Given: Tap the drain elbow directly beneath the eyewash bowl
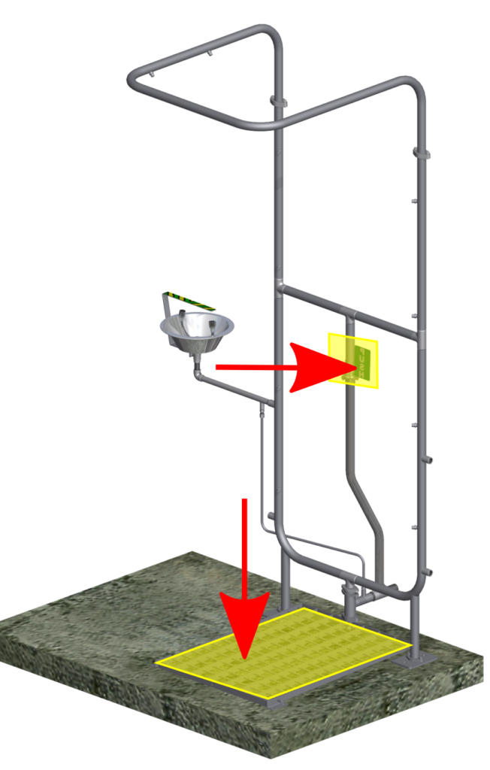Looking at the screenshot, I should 197,373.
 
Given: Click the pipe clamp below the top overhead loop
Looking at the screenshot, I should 277,101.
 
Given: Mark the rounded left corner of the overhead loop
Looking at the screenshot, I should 135,79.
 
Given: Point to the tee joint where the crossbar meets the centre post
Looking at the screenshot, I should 280,287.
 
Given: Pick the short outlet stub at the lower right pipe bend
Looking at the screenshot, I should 430,573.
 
